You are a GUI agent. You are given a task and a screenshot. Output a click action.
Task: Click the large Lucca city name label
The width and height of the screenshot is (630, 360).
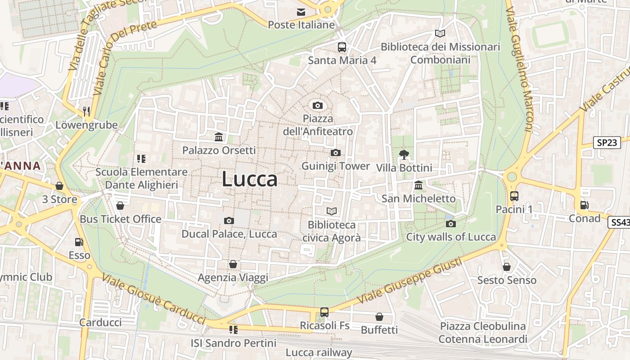click(250, 179)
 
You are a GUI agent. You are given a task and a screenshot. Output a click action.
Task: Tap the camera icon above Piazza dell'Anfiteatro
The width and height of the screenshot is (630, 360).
click(318, 106)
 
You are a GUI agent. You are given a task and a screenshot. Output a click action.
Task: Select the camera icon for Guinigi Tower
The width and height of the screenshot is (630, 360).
click(335, 153)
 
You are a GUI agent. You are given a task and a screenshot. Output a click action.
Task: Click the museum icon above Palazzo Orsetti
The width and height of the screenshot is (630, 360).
click(219, 137)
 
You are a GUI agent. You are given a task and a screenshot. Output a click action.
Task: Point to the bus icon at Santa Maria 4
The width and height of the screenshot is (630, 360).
click(342, 47)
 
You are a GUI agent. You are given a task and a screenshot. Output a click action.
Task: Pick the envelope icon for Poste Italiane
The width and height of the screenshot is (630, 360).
click(301, 12)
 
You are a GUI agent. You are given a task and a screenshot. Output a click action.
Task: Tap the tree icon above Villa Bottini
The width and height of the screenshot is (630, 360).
click(404, 155)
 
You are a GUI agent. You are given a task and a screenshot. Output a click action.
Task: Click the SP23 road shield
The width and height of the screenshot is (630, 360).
click(607, 143)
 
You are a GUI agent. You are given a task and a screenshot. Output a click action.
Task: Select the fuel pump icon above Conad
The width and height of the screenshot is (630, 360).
click(584, 205)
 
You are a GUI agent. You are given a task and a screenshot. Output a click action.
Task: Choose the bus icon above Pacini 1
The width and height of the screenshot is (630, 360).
click(514, 196)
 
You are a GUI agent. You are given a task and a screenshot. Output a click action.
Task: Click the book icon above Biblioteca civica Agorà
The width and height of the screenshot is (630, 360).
click(332, 211)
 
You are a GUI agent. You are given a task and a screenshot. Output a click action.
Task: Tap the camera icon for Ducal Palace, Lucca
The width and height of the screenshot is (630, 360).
click(229, 220)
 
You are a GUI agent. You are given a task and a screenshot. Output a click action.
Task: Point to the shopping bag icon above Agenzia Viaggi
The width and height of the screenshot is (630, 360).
click(233, 264)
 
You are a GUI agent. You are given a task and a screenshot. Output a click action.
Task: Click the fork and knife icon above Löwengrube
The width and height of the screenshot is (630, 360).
click(86, 111)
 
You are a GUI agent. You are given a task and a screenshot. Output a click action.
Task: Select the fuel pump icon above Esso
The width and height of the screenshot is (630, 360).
click(79, 242)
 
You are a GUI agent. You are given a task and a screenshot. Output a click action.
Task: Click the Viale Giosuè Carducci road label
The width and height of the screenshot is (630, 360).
click(153, 299)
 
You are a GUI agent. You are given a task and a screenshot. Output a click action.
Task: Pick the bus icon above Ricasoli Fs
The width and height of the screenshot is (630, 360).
click(324, 312)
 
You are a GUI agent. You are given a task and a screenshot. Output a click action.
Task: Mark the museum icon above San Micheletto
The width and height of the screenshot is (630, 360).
click(418, 185)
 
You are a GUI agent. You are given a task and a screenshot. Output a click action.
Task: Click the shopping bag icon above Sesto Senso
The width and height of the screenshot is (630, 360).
click(507, 267)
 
